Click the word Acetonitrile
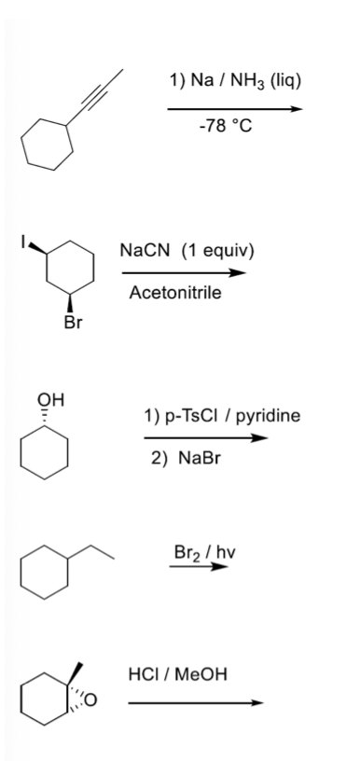174,294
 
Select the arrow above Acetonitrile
184,273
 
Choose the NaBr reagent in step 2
194,461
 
